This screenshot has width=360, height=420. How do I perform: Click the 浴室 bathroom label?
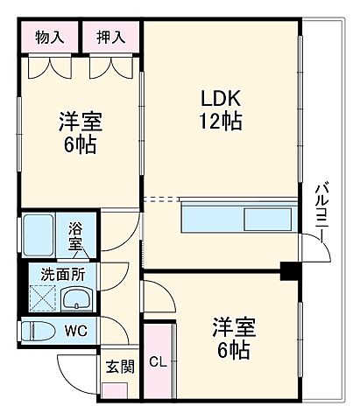point(77,235)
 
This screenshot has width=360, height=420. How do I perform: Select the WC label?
point(74,332)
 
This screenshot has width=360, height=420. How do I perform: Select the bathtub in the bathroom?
point(41,234)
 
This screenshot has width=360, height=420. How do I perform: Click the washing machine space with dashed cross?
point(40,298)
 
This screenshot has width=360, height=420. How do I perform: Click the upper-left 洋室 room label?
point(78,120)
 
